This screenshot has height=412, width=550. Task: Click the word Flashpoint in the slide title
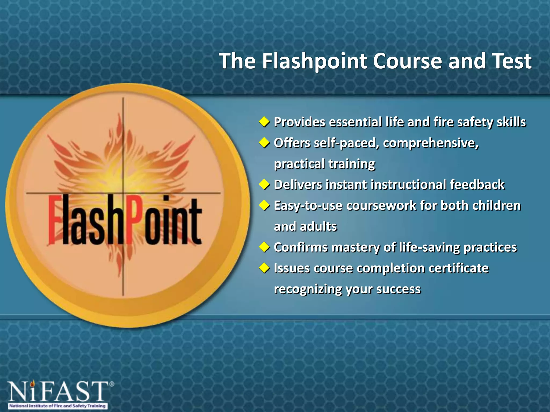(x=314, y=61)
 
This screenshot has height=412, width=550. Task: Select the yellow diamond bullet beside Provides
(x=264, y=122)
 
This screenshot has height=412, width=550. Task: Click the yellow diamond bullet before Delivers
(x=264, y=185)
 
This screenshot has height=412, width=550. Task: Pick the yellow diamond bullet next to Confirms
(x=264, y=247)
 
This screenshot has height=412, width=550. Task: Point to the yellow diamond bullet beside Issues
(x=264, y=268)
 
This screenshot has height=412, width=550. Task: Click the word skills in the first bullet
(x=511, y=122)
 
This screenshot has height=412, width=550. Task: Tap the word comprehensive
(x=430, y=143)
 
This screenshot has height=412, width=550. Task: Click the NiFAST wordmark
(x=58, y=391)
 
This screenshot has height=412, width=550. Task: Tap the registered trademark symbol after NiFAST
(x=112, y=384)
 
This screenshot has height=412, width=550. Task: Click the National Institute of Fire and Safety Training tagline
(x=57, y=406)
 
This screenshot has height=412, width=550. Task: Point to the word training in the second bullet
(x=351, y=164)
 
